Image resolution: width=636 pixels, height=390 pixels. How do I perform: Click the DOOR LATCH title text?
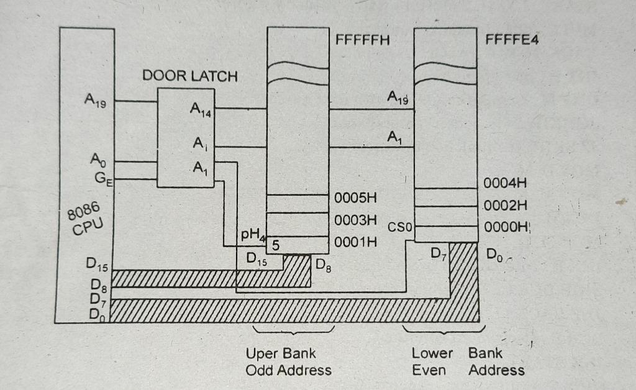click(x=190, y=76)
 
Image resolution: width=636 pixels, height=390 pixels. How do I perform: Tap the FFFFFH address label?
click(x=363, y=41)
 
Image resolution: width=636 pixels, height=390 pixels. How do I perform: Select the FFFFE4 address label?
click(x=512, y=41)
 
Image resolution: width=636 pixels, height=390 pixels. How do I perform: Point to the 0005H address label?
click(x=356, y=198)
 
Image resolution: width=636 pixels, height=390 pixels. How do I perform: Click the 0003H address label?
click(x=356, y=220)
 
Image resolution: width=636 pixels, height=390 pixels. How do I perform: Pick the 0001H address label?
click(x=355, y=242)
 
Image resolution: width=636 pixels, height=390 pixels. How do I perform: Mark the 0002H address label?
click(x=506, y=206)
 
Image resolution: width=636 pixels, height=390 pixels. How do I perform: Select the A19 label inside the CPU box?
click(x=96, y=101)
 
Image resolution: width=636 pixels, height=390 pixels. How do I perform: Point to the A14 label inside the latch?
click(x=201, y=111)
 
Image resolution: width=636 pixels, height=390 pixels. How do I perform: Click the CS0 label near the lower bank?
click(x=400, y=228)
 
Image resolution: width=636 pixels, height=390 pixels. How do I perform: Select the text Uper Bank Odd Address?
click(x=288, y=361)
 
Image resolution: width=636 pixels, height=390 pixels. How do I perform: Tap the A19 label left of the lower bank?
click(x=398, y=97)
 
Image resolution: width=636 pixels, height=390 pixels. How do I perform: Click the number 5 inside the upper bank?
click(x=275, y=245)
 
